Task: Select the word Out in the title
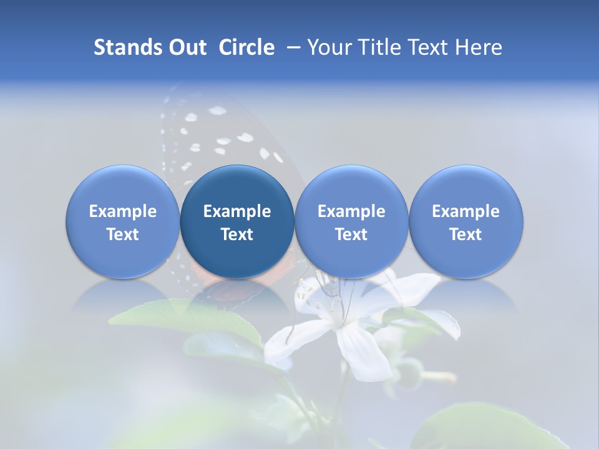(x=185, y=47)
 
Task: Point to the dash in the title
(x=291, y=47)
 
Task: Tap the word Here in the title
(x=479, y=47)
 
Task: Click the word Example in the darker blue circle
(x=237, y=211)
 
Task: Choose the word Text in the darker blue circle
(x=237, y=234)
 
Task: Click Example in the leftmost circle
(x=123, y=211)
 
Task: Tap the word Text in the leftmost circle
(x=123, y=234)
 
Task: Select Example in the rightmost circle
(x=466, y=211)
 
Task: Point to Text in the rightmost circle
(x=466, y=234)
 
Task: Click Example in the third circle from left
(x=351, y=211)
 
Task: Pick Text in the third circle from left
(x=351, y=234)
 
